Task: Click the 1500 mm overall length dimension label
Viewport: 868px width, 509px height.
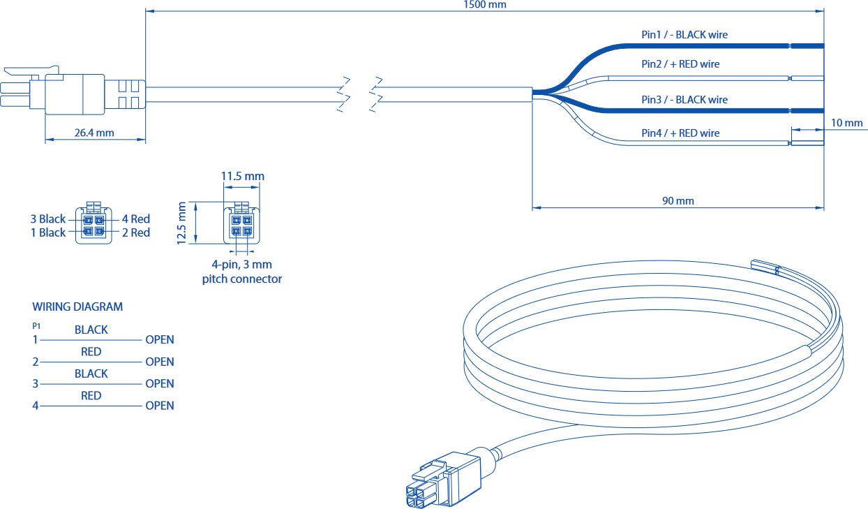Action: [485, 5]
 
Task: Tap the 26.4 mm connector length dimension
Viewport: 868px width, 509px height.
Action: [94, 133]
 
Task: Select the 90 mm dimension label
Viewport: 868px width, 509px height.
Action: [678, 201]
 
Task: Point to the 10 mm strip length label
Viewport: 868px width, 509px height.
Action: [846, 123]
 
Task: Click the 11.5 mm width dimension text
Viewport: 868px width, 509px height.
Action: [243, 177]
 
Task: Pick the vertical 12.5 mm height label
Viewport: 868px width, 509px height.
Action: [181, 223]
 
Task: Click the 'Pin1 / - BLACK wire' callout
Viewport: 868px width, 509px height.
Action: [684, 34]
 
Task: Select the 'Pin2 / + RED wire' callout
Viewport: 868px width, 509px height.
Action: [680, 64]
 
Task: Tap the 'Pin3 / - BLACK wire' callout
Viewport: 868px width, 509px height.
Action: [684, 100]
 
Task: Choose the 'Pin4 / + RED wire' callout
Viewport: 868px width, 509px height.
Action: [680, 133]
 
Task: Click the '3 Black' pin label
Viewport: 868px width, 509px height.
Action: [48, 219]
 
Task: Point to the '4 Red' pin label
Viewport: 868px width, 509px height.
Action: [136, 219]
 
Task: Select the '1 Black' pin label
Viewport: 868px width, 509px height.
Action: [48, 233]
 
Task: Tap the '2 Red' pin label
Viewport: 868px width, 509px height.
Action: [136, 233]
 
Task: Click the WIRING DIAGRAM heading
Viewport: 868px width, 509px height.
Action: [77, 307]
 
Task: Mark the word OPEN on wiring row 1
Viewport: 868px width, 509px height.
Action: [160, 339]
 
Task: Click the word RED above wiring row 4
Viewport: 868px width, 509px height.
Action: [91, 395]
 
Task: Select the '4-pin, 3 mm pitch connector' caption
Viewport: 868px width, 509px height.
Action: [242, 272]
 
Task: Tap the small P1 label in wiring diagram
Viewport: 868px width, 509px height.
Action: [36, 326]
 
